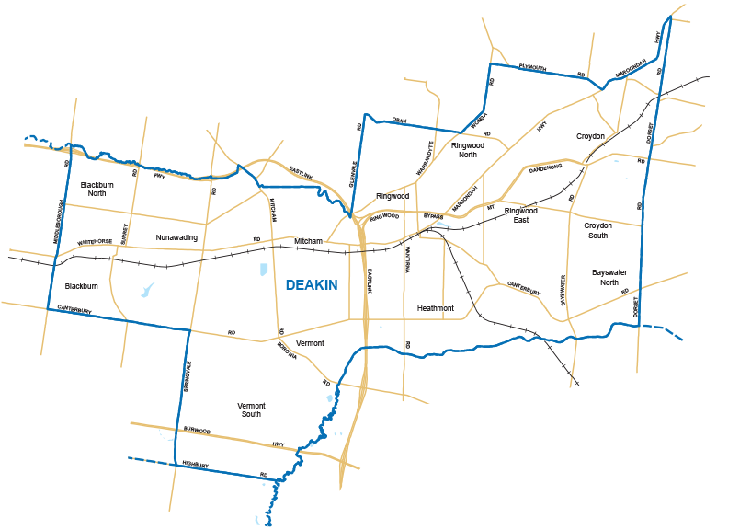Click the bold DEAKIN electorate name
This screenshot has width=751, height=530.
click(x=312, y=285)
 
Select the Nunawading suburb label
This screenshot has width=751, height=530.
click(x=176, y=237)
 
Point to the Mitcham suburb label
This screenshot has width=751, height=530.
click(x=308, y=241)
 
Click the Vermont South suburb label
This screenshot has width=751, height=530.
click(x=251, y=409)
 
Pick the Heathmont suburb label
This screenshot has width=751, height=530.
click(x=435, y=308)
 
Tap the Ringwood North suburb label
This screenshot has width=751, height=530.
click(x=468, y=150)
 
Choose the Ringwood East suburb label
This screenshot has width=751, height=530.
click(x=520, y=215)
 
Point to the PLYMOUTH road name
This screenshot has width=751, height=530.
click(x=532, y=67)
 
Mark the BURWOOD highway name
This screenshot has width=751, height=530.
click(x=198, y=430)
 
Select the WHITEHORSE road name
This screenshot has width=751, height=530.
click(x=95, y=242)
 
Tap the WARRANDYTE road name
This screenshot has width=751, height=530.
click(x=427, y=158)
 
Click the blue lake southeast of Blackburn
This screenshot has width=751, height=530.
click(x=147, y=291)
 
